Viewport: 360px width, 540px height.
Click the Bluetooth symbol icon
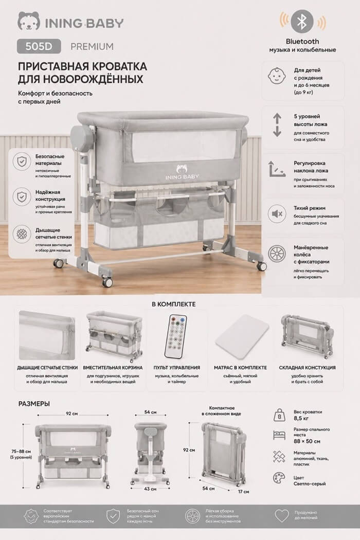point(302,22)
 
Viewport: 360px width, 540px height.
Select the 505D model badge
point(39,46)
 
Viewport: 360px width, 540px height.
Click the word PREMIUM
point(92,46)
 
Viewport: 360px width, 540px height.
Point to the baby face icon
point(277,76)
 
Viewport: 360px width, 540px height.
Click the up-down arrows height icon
point(277,124)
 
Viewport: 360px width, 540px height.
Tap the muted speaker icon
point(277,214)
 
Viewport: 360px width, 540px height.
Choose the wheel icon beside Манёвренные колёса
point(277,254)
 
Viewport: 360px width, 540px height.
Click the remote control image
point(176,336)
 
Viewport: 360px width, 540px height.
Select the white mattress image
point(242,332)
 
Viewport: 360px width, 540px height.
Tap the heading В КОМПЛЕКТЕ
point(174,304)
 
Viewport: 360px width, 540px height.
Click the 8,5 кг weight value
point(301,418)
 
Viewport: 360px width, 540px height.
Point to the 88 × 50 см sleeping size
point(307,441)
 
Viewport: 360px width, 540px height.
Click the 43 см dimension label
point(150,489)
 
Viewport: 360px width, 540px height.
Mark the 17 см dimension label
point(244,492)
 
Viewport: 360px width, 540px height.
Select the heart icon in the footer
point(281,515)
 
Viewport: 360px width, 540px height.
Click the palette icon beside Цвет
point(279,478)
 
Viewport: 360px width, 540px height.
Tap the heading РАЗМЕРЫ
point(34,404)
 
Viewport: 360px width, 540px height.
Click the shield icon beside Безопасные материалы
point(22,161)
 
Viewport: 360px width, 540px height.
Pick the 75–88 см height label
point(21,452)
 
